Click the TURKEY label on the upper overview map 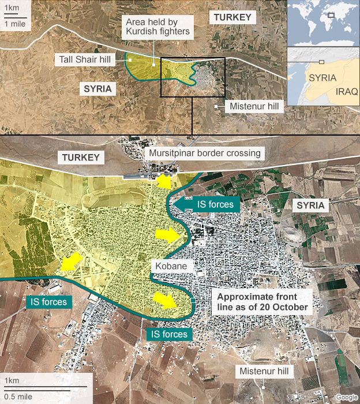pyautogui.click(x=233, y=17)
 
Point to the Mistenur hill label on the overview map pyautogui.click(x=254, y=107)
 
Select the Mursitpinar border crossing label pyautogui.click(x=205, y=154)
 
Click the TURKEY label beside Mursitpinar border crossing pyautogui.click(x=81, y=157)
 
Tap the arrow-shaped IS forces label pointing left pyautogui.click(x=208, y=204)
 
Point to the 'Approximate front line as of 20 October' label pyautogui.click(x=261, y=302)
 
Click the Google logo pyautogui.click(x=346, y=396)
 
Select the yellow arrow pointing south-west pyautogui.click(x=70, y=261)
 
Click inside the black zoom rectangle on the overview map pyautogui.click(x=192, y=77)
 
